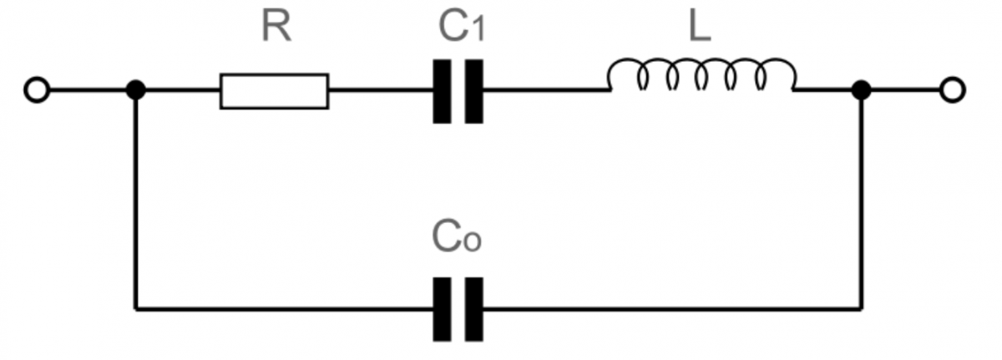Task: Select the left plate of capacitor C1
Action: pyautogui.click(x=442, y=91)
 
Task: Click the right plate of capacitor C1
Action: pyautogui.click(x=474, y=91)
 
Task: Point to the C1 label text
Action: pyautogui.click(x=462, y=27)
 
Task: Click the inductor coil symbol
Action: pyautogui.click(x=701, y=74)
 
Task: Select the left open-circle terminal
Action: pyautogui.click(x=37, y=90)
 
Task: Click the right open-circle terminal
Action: pyautogui.click(x=953, y=90)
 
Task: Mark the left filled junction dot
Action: pyautogui.click(x=136, y=90)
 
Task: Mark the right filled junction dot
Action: pyautogui.click(x=861, y=90)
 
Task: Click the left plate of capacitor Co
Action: pyautogui.click(x=442, y=309)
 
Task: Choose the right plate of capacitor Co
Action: pyautogui.click(x=474, y=309)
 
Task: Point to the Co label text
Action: pyautogui.click(x=457, y=236)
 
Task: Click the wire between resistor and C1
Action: pyautogui.click(x=381, y=90)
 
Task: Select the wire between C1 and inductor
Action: pyautogui.click(x=545, y=90)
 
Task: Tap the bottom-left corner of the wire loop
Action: pyautogui.click(x=136, y=308)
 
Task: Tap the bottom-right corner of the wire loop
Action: pyautogui.click(x=861, y=308)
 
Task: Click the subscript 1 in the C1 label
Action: pyautogui.click(x=478, y=30)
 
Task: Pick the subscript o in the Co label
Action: pyautogui.click(x=473, y=242)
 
